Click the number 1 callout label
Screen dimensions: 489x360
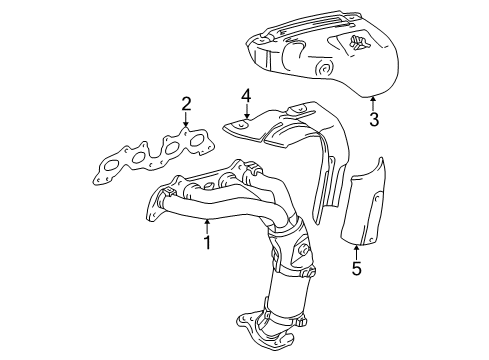click(x=207, y=243)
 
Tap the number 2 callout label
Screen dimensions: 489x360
click(x=186, y=103)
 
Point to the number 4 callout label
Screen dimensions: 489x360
click(x=244, y=96)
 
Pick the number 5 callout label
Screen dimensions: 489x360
click(x=356, y=267)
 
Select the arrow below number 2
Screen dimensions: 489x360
click(x=186, y=121)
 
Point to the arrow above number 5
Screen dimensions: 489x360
click(x=356, y=249)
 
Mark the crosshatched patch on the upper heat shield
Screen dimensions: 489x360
click(x=358, y=41)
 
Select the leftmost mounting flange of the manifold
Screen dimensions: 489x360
click(x=155, y=210)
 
